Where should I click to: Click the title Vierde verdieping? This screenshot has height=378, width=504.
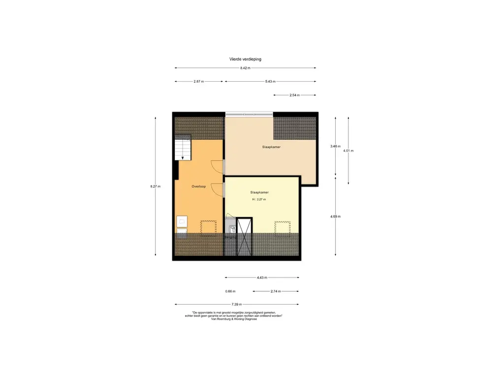[245, 59]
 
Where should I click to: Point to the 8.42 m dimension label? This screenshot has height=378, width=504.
[245, 68]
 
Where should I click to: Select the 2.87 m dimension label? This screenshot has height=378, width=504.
[199, 82]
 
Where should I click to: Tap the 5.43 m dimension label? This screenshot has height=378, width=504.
[270, 82]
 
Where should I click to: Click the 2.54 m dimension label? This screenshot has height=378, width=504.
[295, 95]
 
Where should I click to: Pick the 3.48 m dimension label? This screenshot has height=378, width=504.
[336, 146]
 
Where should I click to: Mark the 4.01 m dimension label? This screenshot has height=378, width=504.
[348, 151]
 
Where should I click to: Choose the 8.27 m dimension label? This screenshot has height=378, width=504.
[156, 186]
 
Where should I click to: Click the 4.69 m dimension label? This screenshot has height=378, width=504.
[336, 216]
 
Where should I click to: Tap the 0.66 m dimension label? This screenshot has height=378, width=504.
[230, 291]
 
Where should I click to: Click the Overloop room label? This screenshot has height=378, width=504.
[198, 187]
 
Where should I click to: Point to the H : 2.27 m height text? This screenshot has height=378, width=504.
[259, 199]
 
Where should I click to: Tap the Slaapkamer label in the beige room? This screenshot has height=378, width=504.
[272, 147]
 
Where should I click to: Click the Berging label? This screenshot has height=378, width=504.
[230, 238]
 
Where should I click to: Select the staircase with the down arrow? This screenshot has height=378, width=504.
[183, 149]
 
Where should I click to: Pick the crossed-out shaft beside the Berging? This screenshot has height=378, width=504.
[245, 236]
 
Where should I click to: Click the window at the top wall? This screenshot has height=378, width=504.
[249, 114]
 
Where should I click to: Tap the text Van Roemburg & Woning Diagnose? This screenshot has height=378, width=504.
[234, 319]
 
